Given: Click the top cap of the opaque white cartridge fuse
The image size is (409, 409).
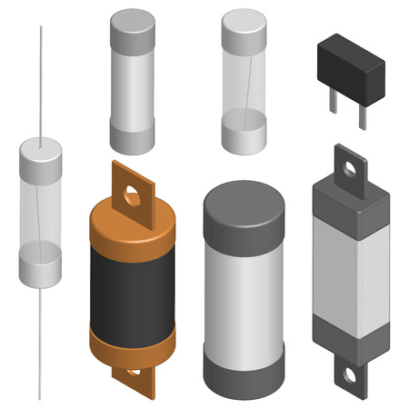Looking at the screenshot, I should [133, 29].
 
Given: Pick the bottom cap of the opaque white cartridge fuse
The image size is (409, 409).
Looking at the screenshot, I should [133, 137].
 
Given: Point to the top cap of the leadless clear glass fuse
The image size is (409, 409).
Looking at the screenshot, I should [244, 29].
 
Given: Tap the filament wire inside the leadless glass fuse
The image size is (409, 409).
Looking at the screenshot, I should [244, 82].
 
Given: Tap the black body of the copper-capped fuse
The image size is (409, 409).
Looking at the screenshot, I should [133, 286].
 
